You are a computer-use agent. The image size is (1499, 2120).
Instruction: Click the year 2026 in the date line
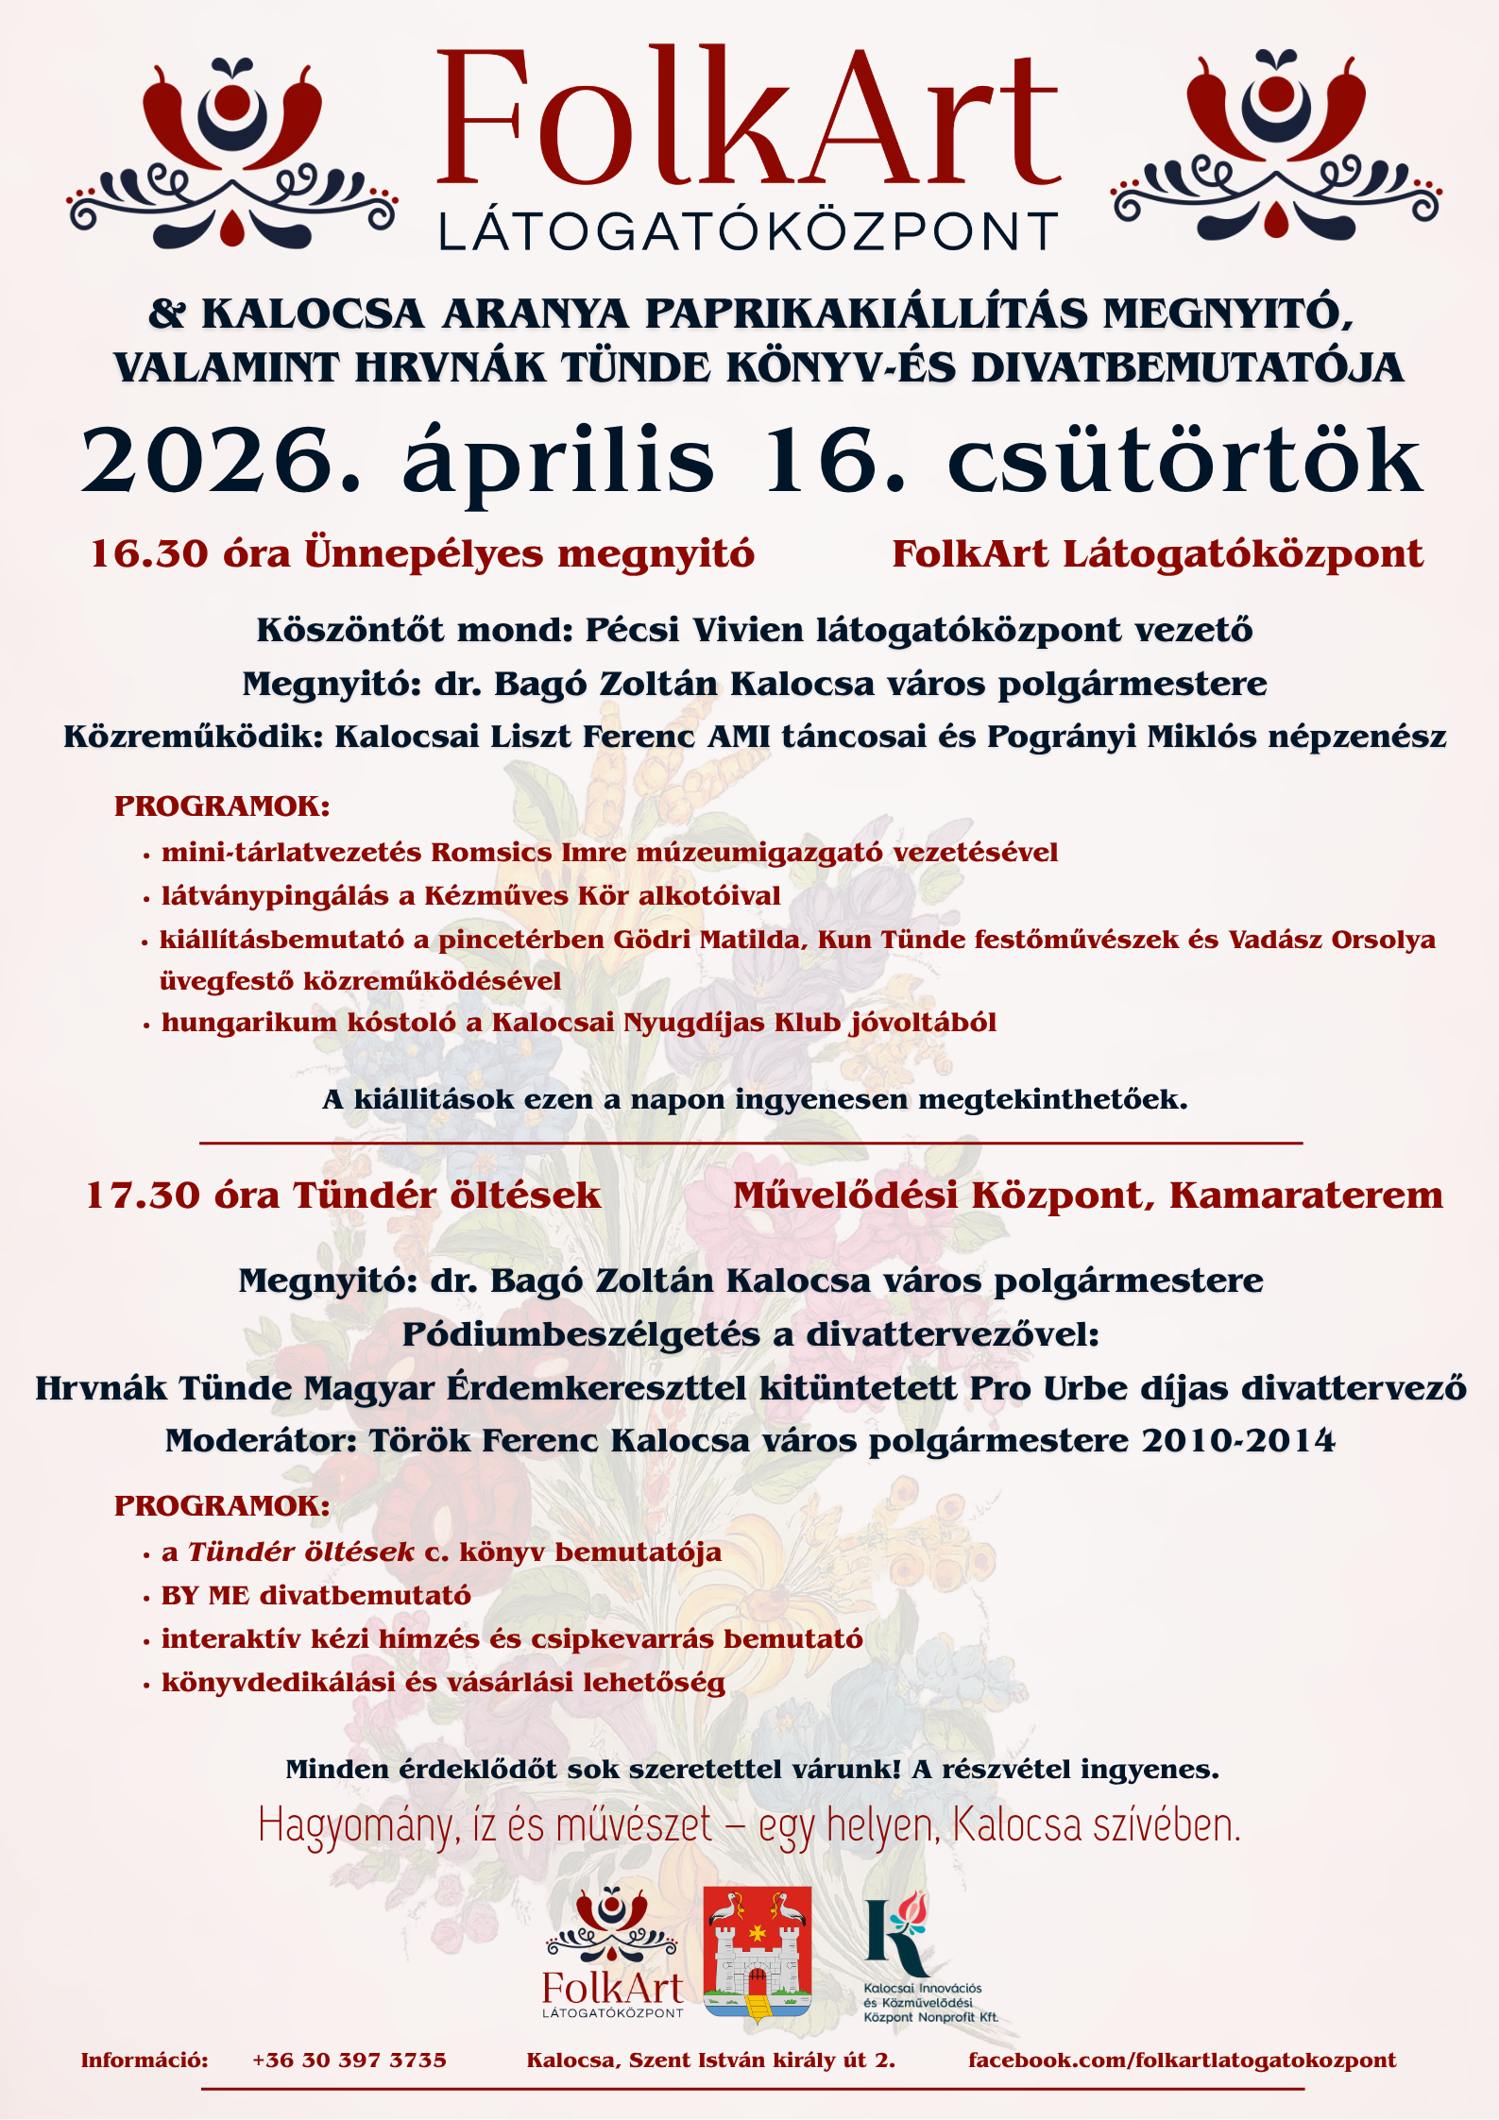(x=222, y=461)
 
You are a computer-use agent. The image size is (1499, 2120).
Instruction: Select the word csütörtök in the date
(x=1184, y=461)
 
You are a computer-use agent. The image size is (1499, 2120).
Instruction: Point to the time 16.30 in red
(x=148, y=554)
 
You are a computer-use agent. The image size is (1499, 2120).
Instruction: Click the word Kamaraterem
(x=1306, y=1196)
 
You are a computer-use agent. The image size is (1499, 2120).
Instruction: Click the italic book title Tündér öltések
(x=301, y=1552)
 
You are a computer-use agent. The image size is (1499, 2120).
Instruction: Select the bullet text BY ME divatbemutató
(x=316, y=1596)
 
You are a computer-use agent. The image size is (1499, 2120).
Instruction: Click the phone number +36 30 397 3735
(x=349, y=2061)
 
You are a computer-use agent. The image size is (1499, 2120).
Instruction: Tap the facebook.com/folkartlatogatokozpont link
(x=1182, y=2061)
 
